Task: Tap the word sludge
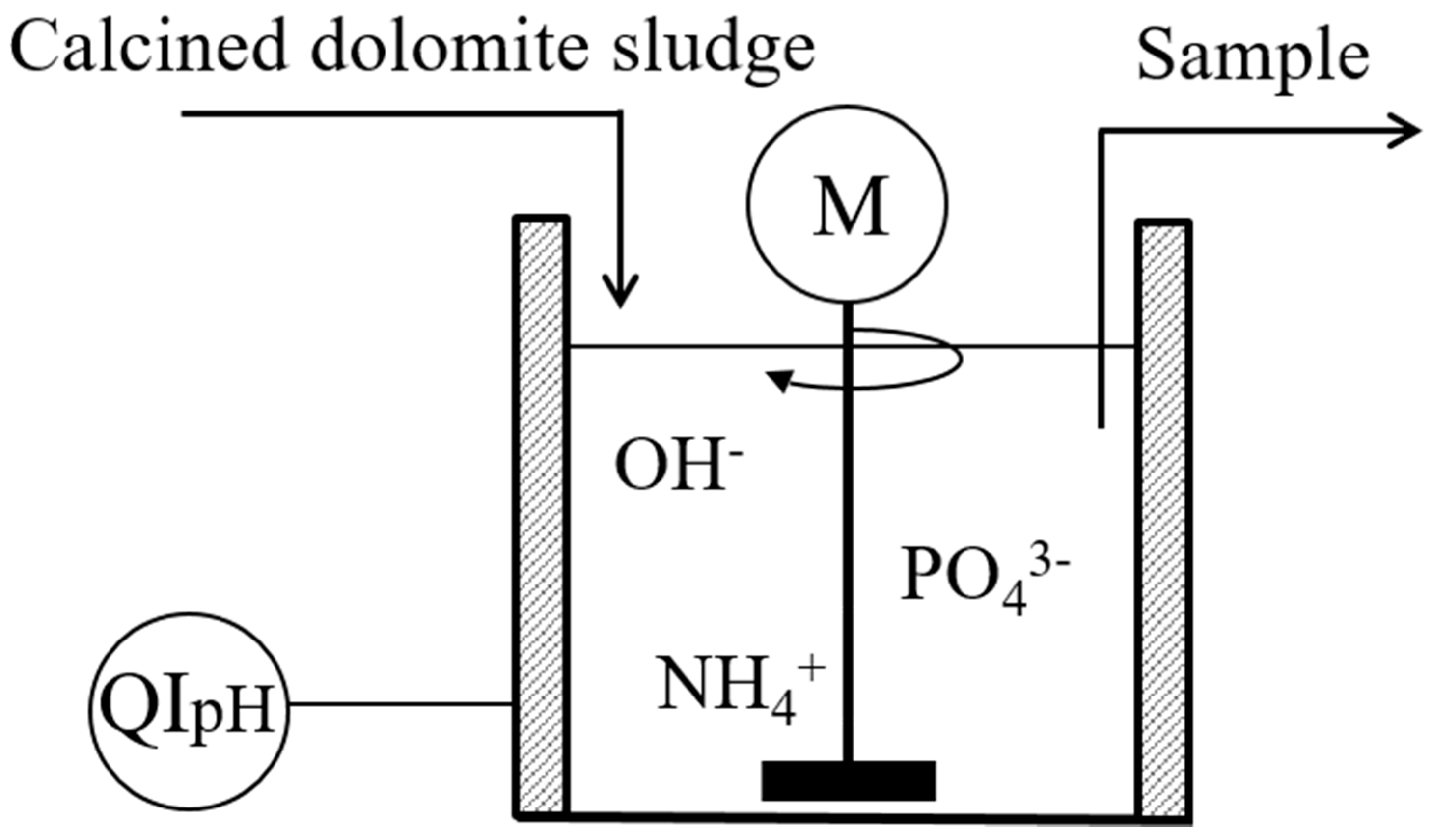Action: [713, 54]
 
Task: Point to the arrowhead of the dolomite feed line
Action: [621, 296]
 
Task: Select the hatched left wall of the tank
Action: [541, 512]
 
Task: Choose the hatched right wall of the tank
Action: [1163, 512]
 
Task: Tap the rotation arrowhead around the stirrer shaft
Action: [778, 380]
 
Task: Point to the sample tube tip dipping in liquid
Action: [1101, 420]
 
